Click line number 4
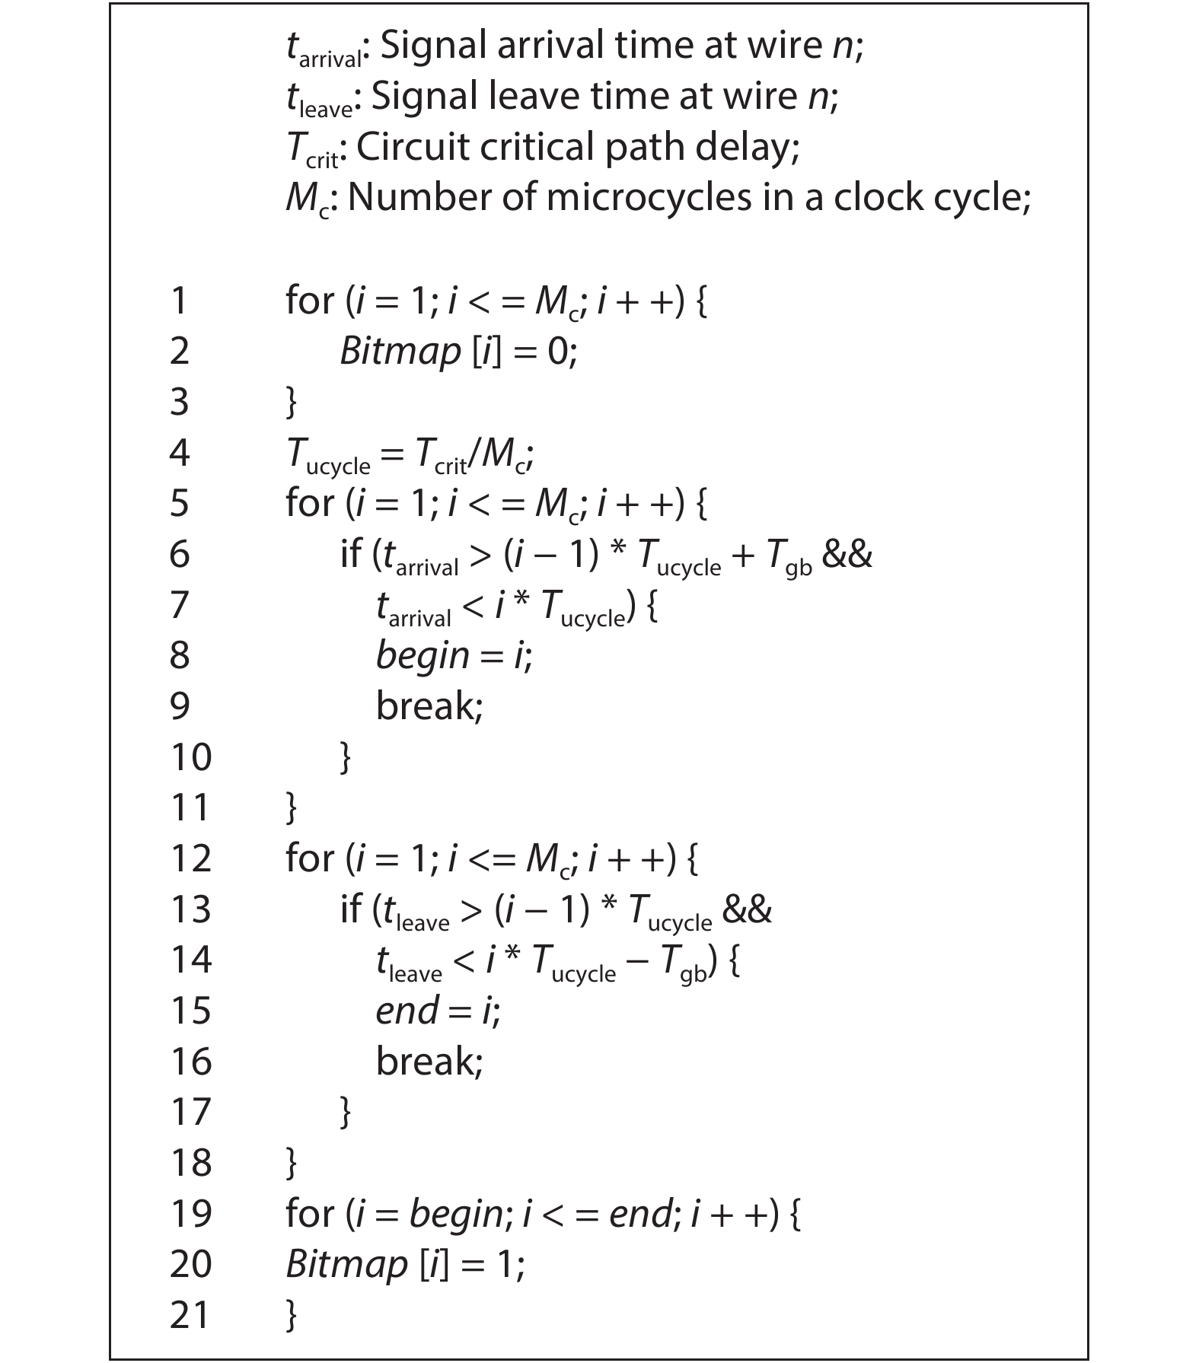179,453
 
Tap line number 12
190,858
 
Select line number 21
190,1316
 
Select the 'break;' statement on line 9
429,706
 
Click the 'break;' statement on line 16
429,1062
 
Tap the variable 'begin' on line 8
423,656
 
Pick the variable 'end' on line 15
407,1011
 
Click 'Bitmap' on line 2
400,352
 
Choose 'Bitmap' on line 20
346,1265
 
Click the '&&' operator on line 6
847,554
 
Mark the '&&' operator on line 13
747,909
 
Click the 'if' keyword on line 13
351,909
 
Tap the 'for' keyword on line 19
310,1214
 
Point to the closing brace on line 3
291,402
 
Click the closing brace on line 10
346,757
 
